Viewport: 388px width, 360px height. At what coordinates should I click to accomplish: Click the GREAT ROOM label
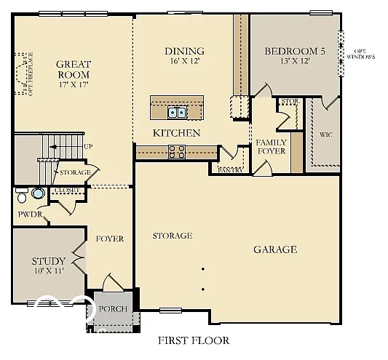[x=73, y=69]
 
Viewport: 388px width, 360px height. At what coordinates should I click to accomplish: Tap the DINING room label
[x=184, y=51]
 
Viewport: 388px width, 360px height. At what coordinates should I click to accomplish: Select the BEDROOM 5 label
[x=294, y=51]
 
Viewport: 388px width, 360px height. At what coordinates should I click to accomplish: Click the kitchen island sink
[x=176, y=112]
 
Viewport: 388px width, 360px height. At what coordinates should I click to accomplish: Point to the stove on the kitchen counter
[x=176, y=151]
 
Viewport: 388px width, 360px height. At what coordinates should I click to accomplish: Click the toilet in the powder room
[x=23, y=196]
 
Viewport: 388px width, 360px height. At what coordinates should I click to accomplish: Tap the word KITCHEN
[x=176, y=133]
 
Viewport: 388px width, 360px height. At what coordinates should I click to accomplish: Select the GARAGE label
[x=274, y=249]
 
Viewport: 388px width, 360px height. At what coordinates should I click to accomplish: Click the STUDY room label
[x=49, y=261]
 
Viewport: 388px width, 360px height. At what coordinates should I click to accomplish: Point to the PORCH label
[x=113, y=309]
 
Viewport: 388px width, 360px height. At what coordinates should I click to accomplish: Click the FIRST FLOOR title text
[x=194, y=340]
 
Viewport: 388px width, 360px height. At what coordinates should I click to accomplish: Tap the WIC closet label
[x=326, y=135]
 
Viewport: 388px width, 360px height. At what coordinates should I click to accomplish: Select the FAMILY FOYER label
[x=271, y=146]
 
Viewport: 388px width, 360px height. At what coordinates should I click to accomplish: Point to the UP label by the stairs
[x=88, y=147]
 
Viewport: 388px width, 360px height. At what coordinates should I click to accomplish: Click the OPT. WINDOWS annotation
[x=365, y=53]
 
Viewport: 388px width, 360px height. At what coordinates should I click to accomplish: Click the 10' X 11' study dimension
[x=49, y=271]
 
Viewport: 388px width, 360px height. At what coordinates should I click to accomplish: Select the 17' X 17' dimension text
[x=73, y=85]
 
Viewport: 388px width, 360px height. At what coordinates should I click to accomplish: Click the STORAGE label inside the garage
[x=172, y=236]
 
